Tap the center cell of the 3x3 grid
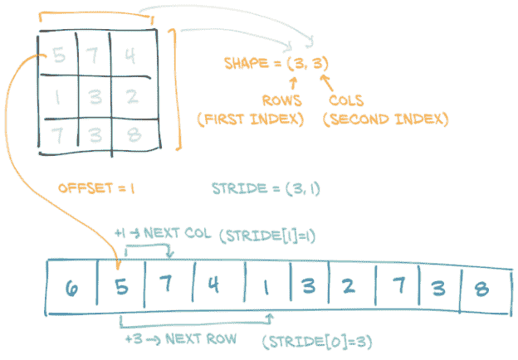pyautogui.click(x=94, y=97)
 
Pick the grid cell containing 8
pyautogui.click(x=130, y=134)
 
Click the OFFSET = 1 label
pyautogui.click(x=96, y=188)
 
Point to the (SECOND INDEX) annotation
pyautogui.click(x=385, y=119)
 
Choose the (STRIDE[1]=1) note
pyautogui.click(x=267, y=236)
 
